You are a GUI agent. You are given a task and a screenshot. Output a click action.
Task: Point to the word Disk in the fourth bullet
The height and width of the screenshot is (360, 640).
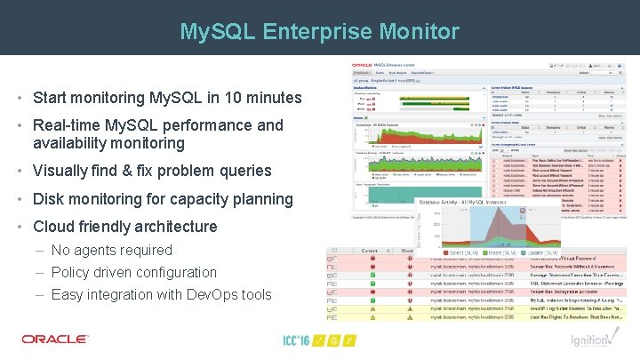click(x=50, y=199)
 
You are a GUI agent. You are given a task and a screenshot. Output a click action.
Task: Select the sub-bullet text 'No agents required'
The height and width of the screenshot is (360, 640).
click(x=111, y=251)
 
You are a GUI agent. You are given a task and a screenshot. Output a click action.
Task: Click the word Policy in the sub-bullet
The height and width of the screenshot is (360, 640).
click(x=72, y=272)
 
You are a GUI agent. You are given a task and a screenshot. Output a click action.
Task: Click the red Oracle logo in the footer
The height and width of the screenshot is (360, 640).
click(x=55, y=339)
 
